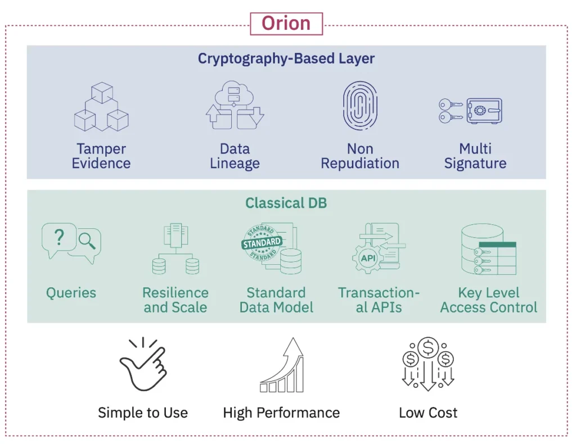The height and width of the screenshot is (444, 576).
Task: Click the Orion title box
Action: coord(286,24)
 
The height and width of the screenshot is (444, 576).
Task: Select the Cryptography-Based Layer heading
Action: coord(286,58)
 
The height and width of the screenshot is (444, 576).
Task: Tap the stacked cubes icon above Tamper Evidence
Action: coord(101,107)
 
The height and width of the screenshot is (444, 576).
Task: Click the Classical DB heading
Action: coord(286,203)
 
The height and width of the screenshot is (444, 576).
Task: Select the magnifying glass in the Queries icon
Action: coord(87,241)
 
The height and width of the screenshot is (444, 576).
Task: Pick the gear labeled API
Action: coord(368,259)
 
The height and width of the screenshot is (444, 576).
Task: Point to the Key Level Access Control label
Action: coord(489,300)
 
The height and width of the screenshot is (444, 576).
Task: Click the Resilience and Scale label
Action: coord(175,300)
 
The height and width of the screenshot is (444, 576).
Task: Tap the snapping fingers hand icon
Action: coord(143,365)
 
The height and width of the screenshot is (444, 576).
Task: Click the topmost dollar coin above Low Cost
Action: coord(428,347)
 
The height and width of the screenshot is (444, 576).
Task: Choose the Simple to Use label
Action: coord(143,413)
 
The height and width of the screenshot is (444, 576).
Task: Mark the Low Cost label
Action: coord(428,413)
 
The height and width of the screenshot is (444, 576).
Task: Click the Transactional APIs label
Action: coord(379,300)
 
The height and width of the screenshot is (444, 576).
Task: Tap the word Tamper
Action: coord(101,149)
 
